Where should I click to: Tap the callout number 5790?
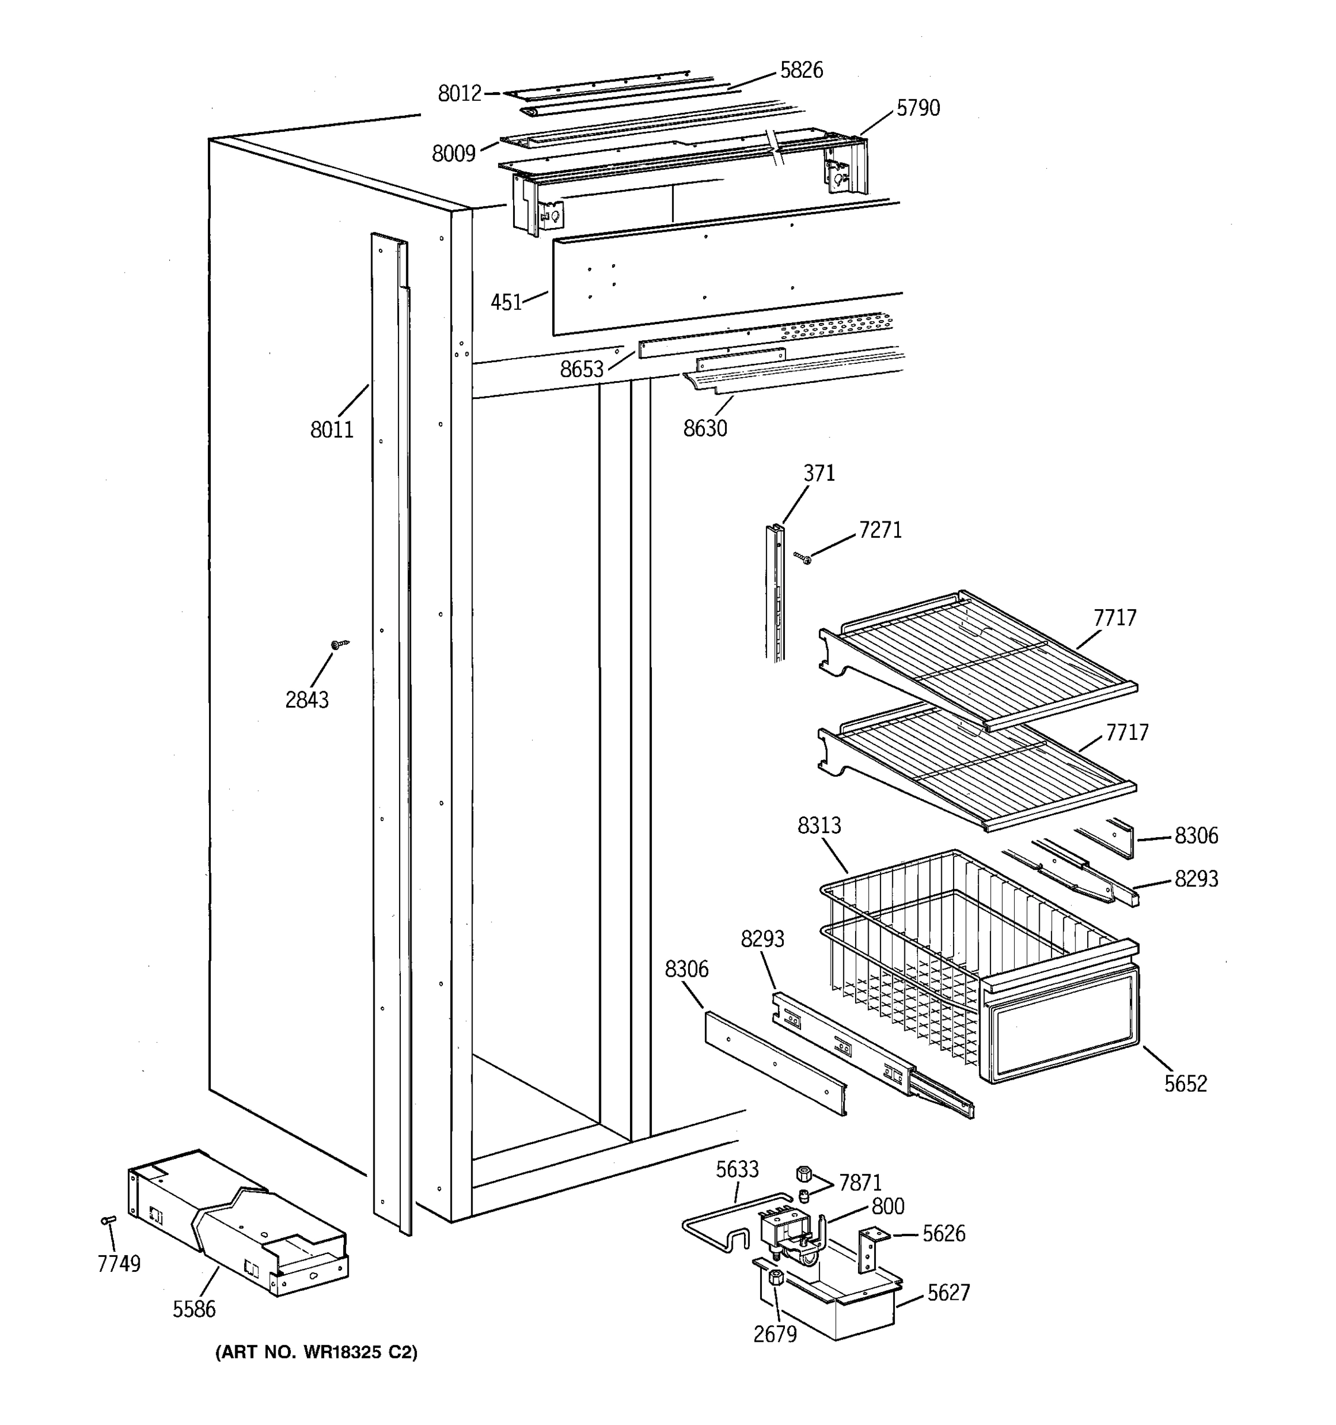[x=917, y=108]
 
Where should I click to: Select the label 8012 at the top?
[x=460, y=94]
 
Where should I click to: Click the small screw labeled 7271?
[x=803, y=558]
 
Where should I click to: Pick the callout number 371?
[x=818, y=474]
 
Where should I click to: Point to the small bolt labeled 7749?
[x=108, y=1220]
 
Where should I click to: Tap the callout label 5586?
[x=194, y=1310]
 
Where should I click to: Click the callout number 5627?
[x=948, y=1293]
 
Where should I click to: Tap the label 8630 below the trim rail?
[x=705, y=429]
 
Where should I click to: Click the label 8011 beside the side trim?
[x=332, y=430]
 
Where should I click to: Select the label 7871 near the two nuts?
[x=859, y=1183]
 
